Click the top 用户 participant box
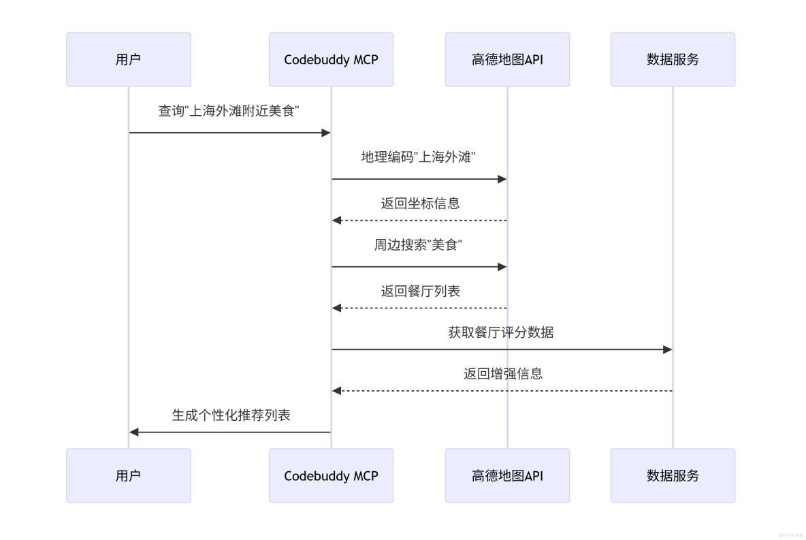click(128, 59)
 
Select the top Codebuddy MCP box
click(331, 59)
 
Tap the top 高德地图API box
click(507, 59)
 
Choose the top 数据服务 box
click(673, 59)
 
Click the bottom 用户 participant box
click(128, 475)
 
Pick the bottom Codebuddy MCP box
click(331, 475)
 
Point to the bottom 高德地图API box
click(507, 475)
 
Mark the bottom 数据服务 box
click(673, 475)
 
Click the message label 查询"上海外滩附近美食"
click(229, 111)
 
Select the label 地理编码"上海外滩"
click(419, 157)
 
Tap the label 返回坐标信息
click(420, 203)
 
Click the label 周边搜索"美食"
click(419, 245)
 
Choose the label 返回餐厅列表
click(420, 291)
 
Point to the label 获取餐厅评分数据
click(501, 332)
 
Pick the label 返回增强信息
click(502, 373)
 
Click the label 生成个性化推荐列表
click(231, 415)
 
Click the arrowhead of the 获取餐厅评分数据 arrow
click(668, 349)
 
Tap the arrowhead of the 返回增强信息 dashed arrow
click(336, 391)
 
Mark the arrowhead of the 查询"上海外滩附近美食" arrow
click(326, 133)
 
